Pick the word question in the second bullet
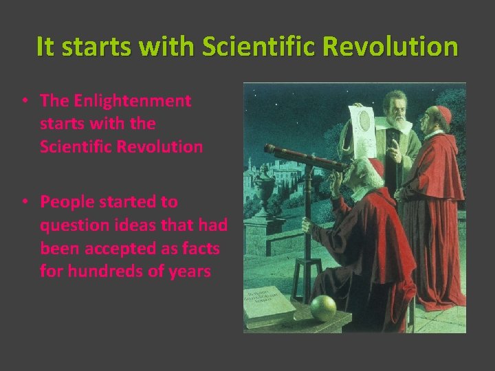coord(69,225)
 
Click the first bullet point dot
coord(24,101)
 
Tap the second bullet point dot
coord(24,202)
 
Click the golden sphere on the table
coord(322,308)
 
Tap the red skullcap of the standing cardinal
coord(443,113)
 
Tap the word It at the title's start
coord(45,47)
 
